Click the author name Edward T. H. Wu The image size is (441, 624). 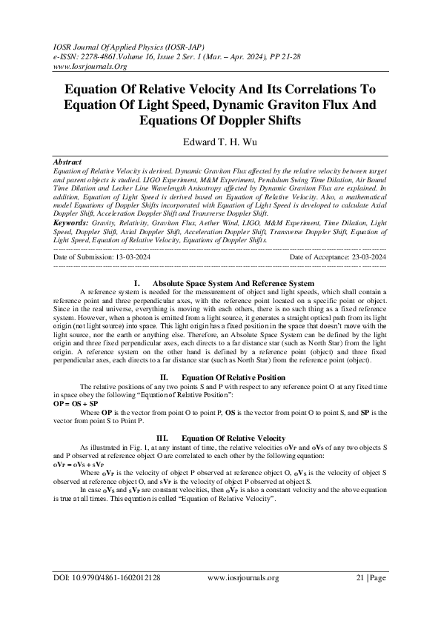tap(221, 140)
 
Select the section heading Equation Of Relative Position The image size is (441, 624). tap(234, 378)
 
